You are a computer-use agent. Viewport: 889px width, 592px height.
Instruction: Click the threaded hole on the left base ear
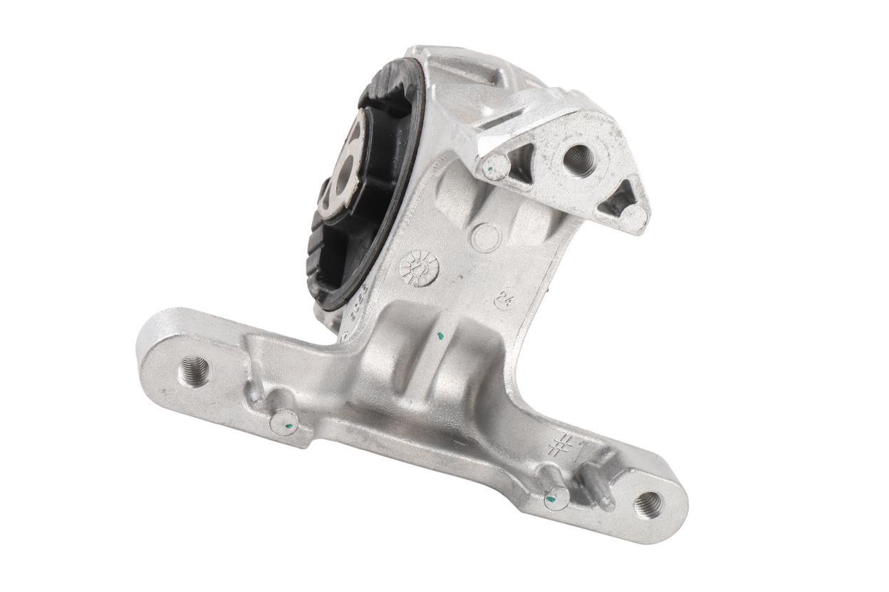[194, 369]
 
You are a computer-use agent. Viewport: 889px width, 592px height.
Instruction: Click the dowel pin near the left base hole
[284, 424]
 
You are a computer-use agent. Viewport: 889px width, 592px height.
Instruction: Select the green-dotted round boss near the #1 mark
[556, 498]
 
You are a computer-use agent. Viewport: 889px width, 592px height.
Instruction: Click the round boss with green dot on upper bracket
[494, 167]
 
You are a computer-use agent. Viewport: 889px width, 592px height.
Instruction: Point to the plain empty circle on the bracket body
[487, 238]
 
